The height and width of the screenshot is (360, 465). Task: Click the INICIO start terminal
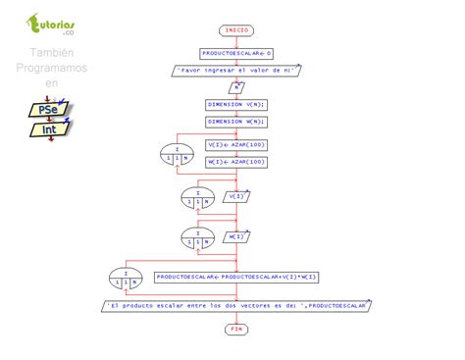point(236,30)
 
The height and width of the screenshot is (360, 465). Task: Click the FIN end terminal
point(236,329)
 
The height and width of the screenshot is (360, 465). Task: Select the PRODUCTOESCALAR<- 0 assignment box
point(236,52)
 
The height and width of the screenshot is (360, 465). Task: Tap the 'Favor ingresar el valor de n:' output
point(236,70)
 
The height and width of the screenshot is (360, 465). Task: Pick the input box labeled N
point(236,87)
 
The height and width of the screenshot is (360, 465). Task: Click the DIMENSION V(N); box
point(236,103)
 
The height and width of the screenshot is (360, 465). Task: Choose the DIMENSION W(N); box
point(236,122)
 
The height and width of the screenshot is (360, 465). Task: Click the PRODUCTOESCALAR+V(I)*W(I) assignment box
point(235,277)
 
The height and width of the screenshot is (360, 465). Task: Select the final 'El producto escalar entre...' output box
point(236,305)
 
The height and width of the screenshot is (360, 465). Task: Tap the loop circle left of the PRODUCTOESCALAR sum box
point(125,278)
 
